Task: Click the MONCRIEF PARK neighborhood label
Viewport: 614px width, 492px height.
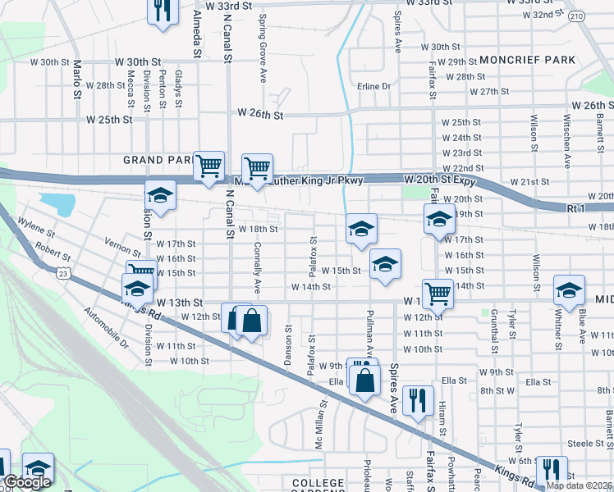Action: coord(528,60)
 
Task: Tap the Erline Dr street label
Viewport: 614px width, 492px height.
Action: coord(374,86)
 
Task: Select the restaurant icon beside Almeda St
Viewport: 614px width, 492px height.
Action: coord(162,10)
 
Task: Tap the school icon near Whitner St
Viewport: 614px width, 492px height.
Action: coord(568,290)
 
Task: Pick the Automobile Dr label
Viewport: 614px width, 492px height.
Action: coord(107,327)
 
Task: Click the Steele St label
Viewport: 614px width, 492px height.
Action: coord(585,443)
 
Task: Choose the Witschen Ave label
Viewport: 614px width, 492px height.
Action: coord(566,128)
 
